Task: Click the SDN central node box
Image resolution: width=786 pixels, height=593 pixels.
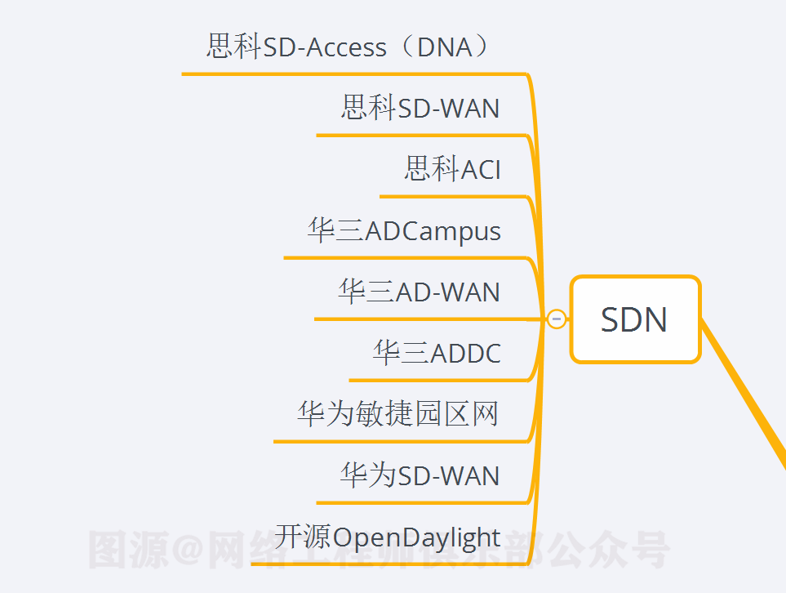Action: [635, 319]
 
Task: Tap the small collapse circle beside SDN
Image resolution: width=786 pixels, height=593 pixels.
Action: [557, 319]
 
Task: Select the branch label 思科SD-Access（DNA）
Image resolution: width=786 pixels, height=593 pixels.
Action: [351, 47]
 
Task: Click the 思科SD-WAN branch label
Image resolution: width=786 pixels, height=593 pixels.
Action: [420, 108]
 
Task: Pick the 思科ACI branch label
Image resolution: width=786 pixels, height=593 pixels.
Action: [452, 169]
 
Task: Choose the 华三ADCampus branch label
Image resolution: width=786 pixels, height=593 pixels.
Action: [404, 230]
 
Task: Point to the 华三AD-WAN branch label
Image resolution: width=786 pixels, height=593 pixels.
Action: [419, 292]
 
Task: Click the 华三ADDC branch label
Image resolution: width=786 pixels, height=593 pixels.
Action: [437, 353]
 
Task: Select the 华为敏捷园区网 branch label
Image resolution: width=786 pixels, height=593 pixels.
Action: [397, 414]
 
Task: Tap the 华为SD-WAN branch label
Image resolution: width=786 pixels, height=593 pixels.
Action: [420, 475]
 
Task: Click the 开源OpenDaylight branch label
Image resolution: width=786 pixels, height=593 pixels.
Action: [388, 537]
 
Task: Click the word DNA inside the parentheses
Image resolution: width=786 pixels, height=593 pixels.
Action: [445, 47]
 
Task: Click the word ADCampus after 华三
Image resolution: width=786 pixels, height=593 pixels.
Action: [433, 231]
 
